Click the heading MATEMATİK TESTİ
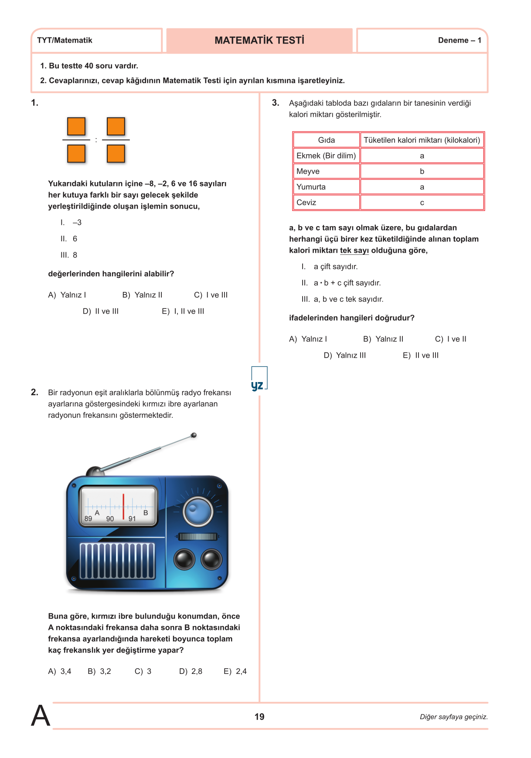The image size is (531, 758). point(259,41)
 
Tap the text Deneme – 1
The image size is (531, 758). point(460,41)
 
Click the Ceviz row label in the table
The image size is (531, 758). point(306,203)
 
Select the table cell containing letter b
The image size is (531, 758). point(422,171)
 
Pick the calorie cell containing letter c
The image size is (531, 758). point(422,203)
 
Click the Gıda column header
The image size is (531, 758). point(327,140)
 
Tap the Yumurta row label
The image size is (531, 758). point(311,187)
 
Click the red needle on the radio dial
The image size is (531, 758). point(123,507)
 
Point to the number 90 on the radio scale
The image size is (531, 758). point(110,519)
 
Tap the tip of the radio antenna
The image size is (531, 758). point(194,435)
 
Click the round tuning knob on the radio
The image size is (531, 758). point(198,511)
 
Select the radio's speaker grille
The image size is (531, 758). point(117,561)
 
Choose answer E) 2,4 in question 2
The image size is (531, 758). point(235,671)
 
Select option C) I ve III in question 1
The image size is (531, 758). point(211,295)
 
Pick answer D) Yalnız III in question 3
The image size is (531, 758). point(345,355)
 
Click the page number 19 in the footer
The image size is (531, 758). point(259,717)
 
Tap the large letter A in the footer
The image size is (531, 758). point(41,716)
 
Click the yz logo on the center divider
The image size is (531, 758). point(258,385)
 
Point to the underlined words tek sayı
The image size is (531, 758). point(354,250)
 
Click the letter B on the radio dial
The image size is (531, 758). point(146,513)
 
